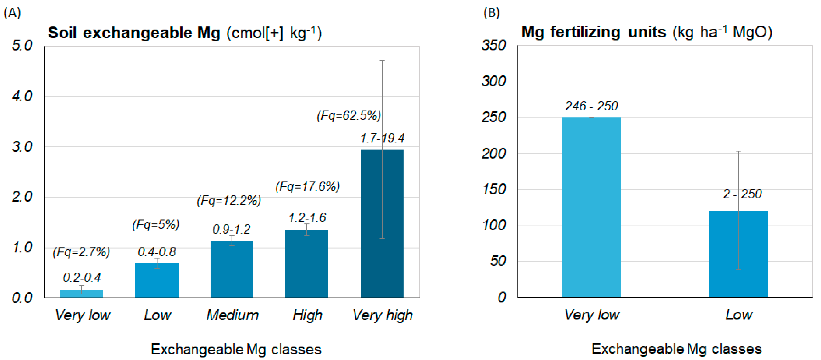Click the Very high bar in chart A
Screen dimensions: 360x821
coord(382,223)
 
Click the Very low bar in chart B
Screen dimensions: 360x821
coord(591,207)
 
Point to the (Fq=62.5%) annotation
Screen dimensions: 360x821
coord(349,115)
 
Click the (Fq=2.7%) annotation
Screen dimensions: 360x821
coord(81,252)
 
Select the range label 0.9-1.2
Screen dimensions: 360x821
coord(231,229)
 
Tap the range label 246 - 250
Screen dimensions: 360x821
coord(592,106)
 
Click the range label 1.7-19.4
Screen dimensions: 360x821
coord(382,138)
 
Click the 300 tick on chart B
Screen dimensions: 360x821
coord(493,81)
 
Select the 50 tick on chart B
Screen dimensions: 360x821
coord(498,261)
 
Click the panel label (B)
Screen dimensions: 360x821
coord(491,13)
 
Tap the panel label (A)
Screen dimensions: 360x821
coord(12,13)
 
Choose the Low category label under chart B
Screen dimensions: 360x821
coord(739,314)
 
